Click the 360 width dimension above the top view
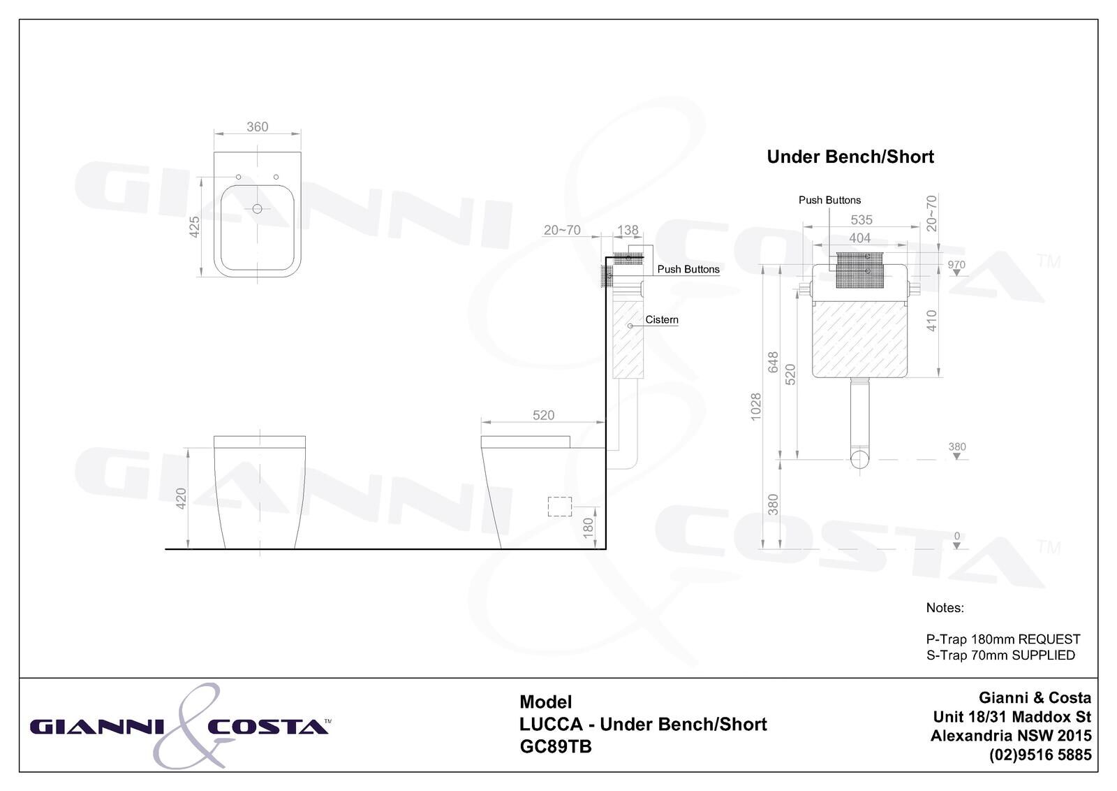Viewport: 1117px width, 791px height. click(257, 126)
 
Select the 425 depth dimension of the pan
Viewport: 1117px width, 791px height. click(195, 226)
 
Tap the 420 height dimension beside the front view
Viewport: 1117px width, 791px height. click(182, 498)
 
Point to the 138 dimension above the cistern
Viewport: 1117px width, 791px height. click(628, 230)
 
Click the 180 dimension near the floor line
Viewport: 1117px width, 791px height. click(588, 526)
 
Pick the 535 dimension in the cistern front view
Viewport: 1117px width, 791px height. click(861, 219)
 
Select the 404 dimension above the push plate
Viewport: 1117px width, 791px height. click(860, 238)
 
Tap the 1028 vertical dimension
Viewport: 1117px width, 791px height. click(755, 407)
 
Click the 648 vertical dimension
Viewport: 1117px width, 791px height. click(773, 362)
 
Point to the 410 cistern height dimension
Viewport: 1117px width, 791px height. click(931, 321)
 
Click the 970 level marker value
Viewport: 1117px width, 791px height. click(956, 265)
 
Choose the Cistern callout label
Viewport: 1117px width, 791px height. click(662, 319)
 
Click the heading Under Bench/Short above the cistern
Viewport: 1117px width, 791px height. click(850, 157)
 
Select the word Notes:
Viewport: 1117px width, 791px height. click(945, 608)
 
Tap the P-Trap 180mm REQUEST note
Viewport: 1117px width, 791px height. click(1003, 639)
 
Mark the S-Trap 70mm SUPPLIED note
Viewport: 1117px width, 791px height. click(1000, 655)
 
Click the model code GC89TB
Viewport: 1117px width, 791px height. click(556, 747)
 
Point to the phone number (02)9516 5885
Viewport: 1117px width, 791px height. click(1040, 755)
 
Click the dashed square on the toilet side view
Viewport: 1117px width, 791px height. click(560, 507)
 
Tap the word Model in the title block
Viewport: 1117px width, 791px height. click(545, 702)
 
